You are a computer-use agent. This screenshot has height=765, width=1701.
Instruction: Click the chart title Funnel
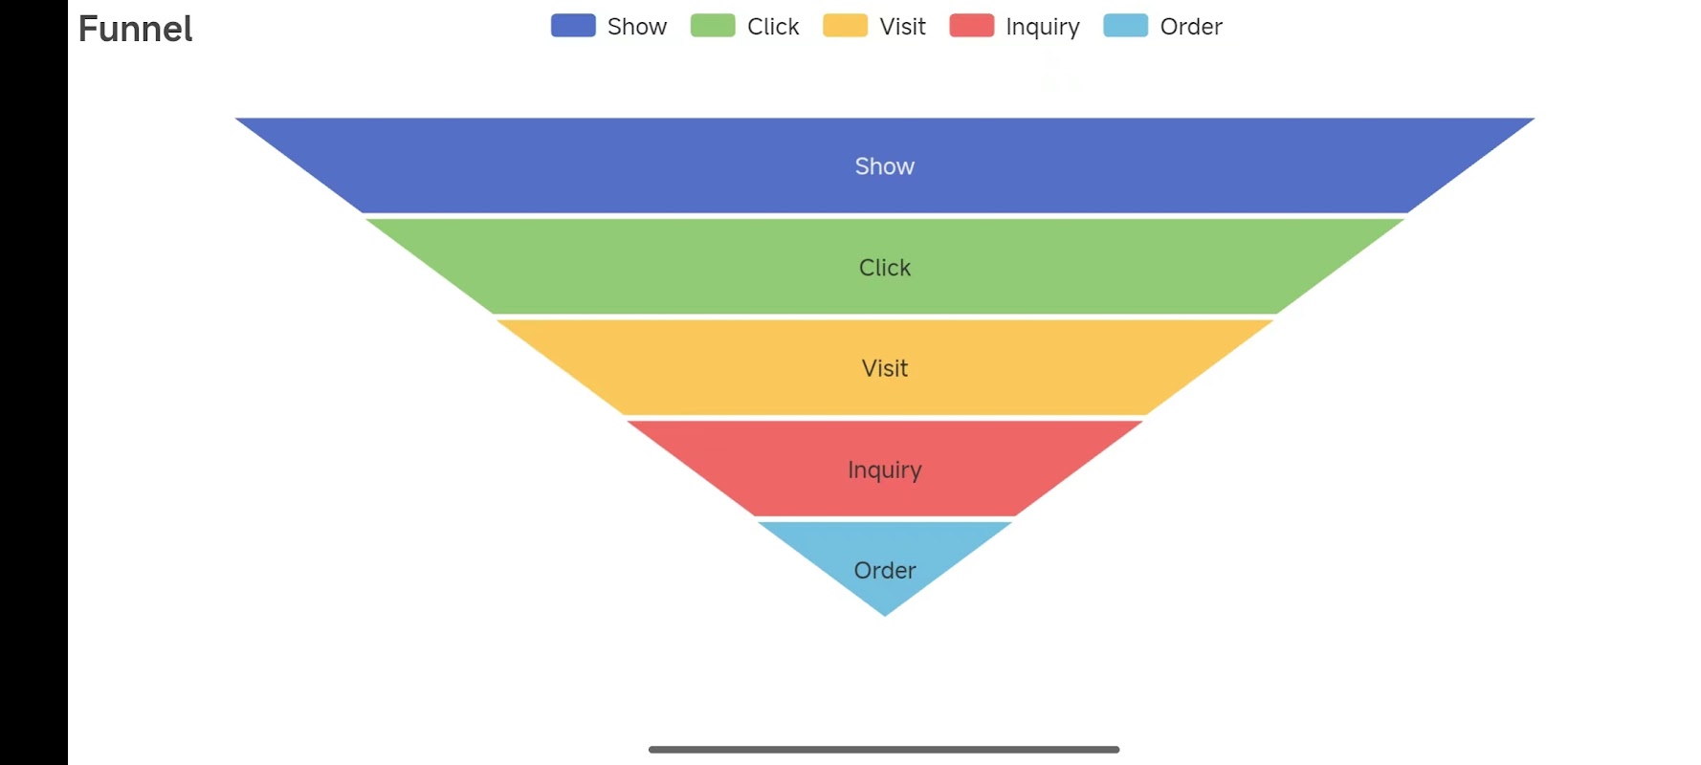135,29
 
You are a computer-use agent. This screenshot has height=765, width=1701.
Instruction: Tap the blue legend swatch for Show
573,26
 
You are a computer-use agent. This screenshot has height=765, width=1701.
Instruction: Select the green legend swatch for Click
713,26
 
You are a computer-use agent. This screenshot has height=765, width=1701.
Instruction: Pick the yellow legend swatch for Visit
845,26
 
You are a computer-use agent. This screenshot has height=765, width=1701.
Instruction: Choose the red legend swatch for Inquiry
971,26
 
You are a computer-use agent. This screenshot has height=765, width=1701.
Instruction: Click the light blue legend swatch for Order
1125,26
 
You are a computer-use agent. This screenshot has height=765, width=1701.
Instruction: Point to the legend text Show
637,27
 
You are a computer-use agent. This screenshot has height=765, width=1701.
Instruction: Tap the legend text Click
773,27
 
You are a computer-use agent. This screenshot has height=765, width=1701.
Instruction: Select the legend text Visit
902,27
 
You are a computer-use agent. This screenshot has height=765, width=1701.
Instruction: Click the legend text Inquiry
1043,27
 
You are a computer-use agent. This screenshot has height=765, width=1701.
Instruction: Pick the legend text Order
1191,27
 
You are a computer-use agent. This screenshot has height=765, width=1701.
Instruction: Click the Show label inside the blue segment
885,166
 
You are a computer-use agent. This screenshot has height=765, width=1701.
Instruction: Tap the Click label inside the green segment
885,268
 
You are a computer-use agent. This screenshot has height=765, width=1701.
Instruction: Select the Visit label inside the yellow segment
885,368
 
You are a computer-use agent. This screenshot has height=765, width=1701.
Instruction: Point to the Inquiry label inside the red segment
885,470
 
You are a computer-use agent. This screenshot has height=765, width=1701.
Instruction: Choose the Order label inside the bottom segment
885,571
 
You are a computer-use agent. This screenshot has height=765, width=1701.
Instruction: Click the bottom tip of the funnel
885,614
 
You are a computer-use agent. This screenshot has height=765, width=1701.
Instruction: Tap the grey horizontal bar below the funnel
884,750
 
